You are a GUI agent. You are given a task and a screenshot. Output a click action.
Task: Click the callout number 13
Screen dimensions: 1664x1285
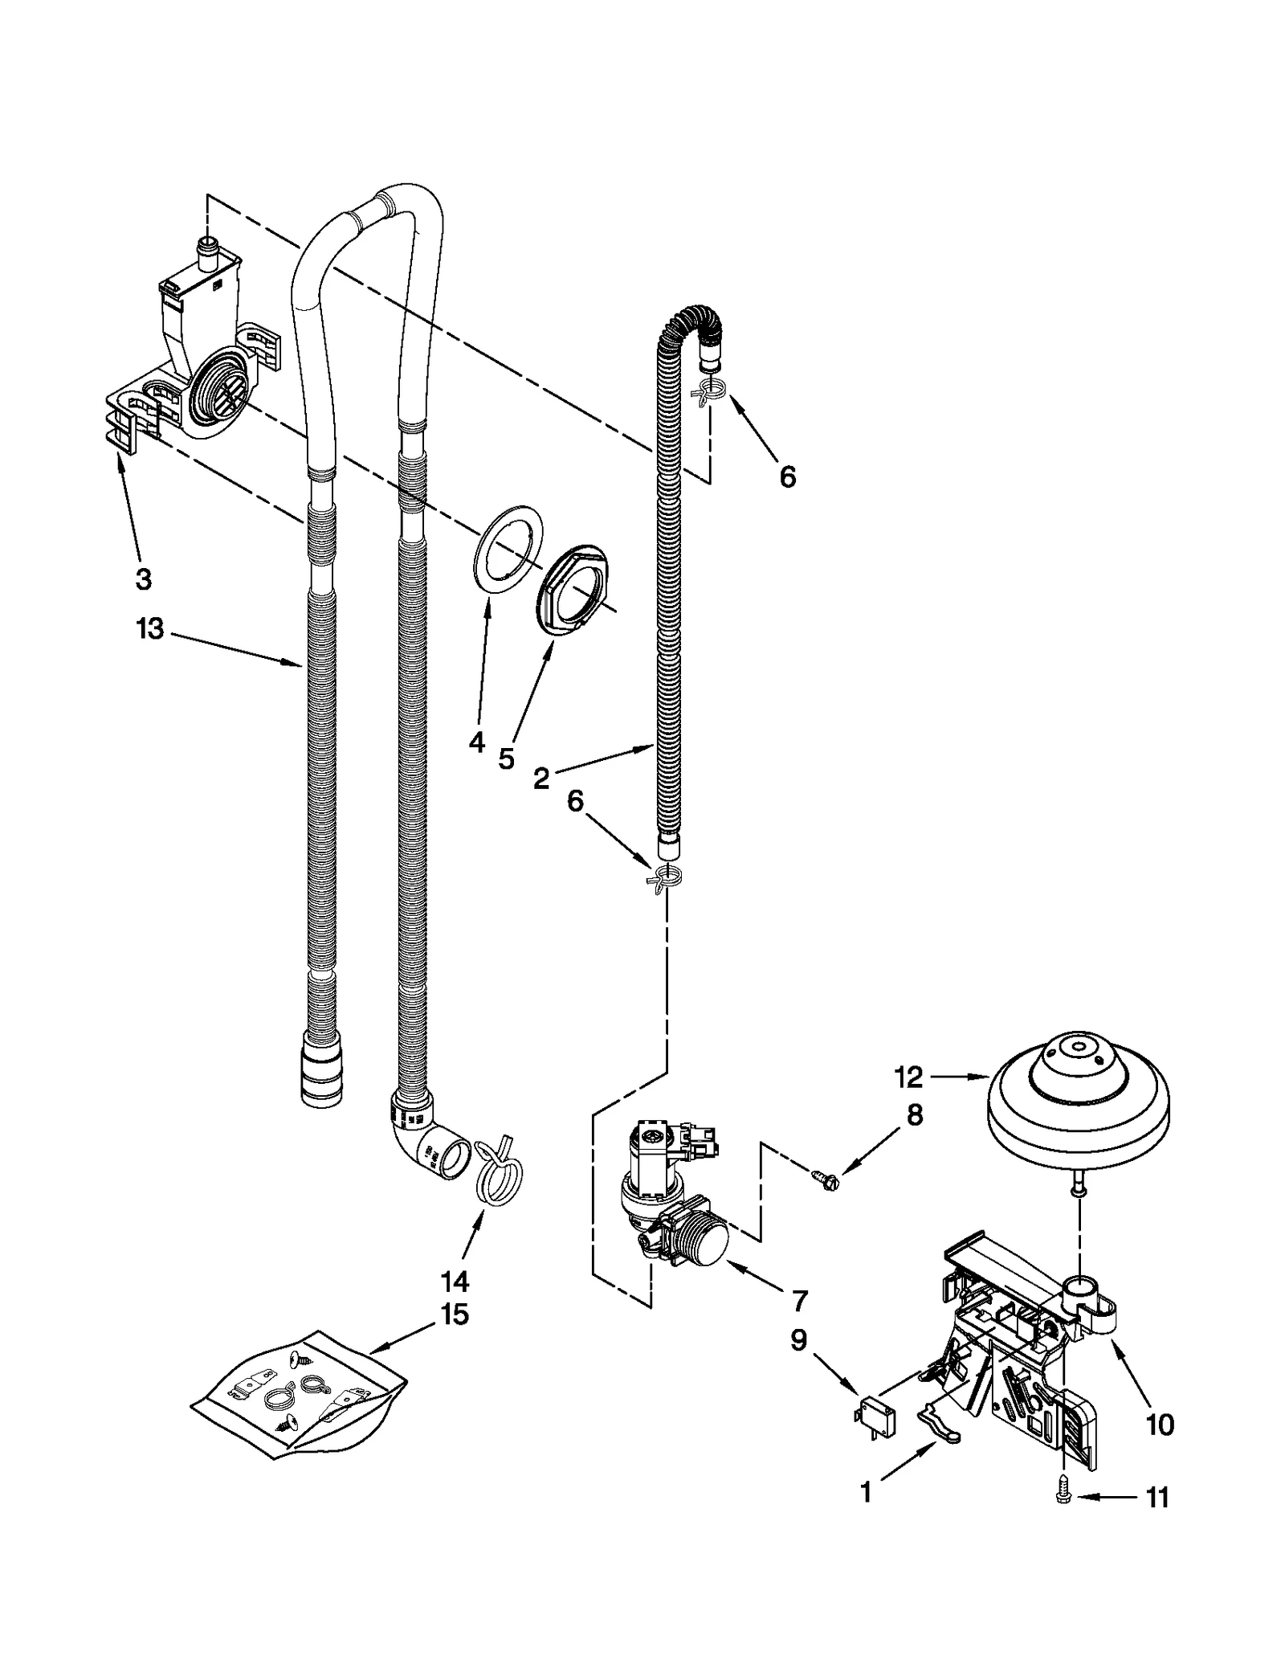tap(150, 628)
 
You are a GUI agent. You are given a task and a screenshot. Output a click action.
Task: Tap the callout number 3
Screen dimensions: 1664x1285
tap(143, 579)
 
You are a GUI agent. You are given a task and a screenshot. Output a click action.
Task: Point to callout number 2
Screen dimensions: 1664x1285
tap(541, 778)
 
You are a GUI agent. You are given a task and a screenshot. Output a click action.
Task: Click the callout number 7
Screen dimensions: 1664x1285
tap(798, 1300)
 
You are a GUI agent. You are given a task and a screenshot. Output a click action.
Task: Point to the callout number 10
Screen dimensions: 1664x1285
tap(1160, 1425)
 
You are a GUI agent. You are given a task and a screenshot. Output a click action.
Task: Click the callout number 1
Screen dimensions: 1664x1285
tap(865, 1493)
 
